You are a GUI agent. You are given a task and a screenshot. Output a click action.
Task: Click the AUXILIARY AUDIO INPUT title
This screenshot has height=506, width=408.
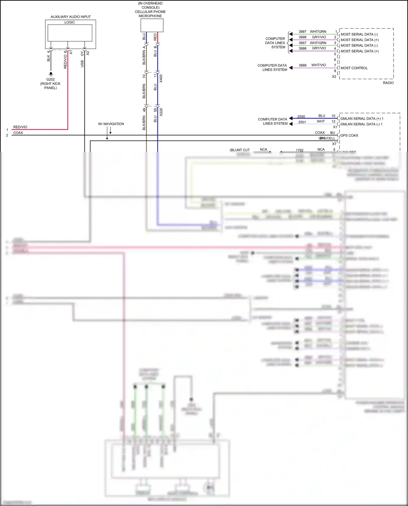point(70,17)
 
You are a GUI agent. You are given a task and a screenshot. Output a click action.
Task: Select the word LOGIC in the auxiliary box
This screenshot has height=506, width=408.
point(70,22)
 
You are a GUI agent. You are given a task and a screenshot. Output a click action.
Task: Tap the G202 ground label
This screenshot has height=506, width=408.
point(50,79)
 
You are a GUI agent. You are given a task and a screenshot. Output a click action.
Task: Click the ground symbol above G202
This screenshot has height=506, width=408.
point(51,74)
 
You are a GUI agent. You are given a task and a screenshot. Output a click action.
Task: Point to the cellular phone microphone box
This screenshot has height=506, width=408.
point(152,25)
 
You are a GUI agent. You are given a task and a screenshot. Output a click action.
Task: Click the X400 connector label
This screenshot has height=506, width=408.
point(161,79)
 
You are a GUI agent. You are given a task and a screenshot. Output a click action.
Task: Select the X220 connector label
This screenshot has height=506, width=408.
point(161,112)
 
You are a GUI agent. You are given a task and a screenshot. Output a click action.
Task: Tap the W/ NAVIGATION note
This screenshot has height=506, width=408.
point(111,124)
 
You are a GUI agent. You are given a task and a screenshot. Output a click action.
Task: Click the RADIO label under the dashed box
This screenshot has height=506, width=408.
point(388,83)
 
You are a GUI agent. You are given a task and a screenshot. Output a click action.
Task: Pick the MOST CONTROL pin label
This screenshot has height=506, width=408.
point(354,68)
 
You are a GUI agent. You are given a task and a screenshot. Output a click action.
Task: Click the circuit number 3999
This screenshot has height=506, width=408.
point(302,65)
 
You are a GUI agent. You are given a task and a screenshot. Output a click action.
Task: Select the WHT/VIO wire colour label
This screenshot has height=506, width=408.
point(319,65)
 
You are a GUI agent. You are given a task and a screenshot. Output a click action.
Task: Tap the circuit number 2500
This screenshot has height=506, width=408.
point(301,117)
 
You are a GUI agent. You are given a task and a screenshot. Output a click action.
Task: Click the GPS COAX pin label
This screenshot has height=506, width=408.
point(349,135)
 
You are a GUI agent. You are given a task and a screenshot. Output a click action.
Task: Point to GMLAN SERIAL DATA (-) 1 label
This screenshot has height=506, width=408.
point(361,124)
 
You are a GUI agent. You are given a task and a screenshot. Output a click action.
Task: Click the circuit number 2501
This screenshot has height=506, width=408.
point(302,122)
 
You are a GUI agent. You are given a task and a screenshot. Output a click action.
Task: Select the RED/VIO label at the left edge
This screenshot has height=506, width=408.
point(20,127)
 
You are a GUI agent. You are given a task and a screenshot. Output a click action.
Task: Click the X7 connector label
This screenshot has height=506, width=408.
point(334,144)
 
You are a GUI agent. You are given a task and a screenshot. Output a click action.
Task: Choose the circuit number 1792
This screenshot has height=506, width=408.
point(299,150)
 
